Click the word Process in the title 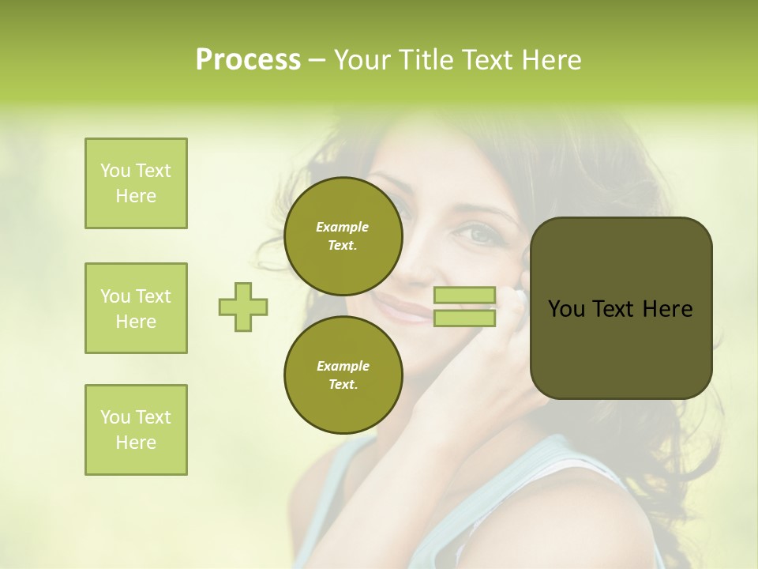click(248, 60)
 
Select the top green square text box click(136, 183)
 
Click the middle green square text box click(136, 308)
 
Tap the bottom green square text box click(136, 430)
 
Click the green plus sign click(243, 307)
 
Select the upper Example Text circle click(343, 236)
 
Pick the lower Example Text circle click(343, 375)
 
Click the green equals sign click(464, 307)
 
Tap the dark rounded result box click(621, 308)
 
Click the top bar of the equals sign click(464, 295)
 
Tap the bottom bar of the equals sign click(464, 318)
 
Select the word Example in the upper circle click(343, 227)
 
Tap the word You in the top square click(114, 171)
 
